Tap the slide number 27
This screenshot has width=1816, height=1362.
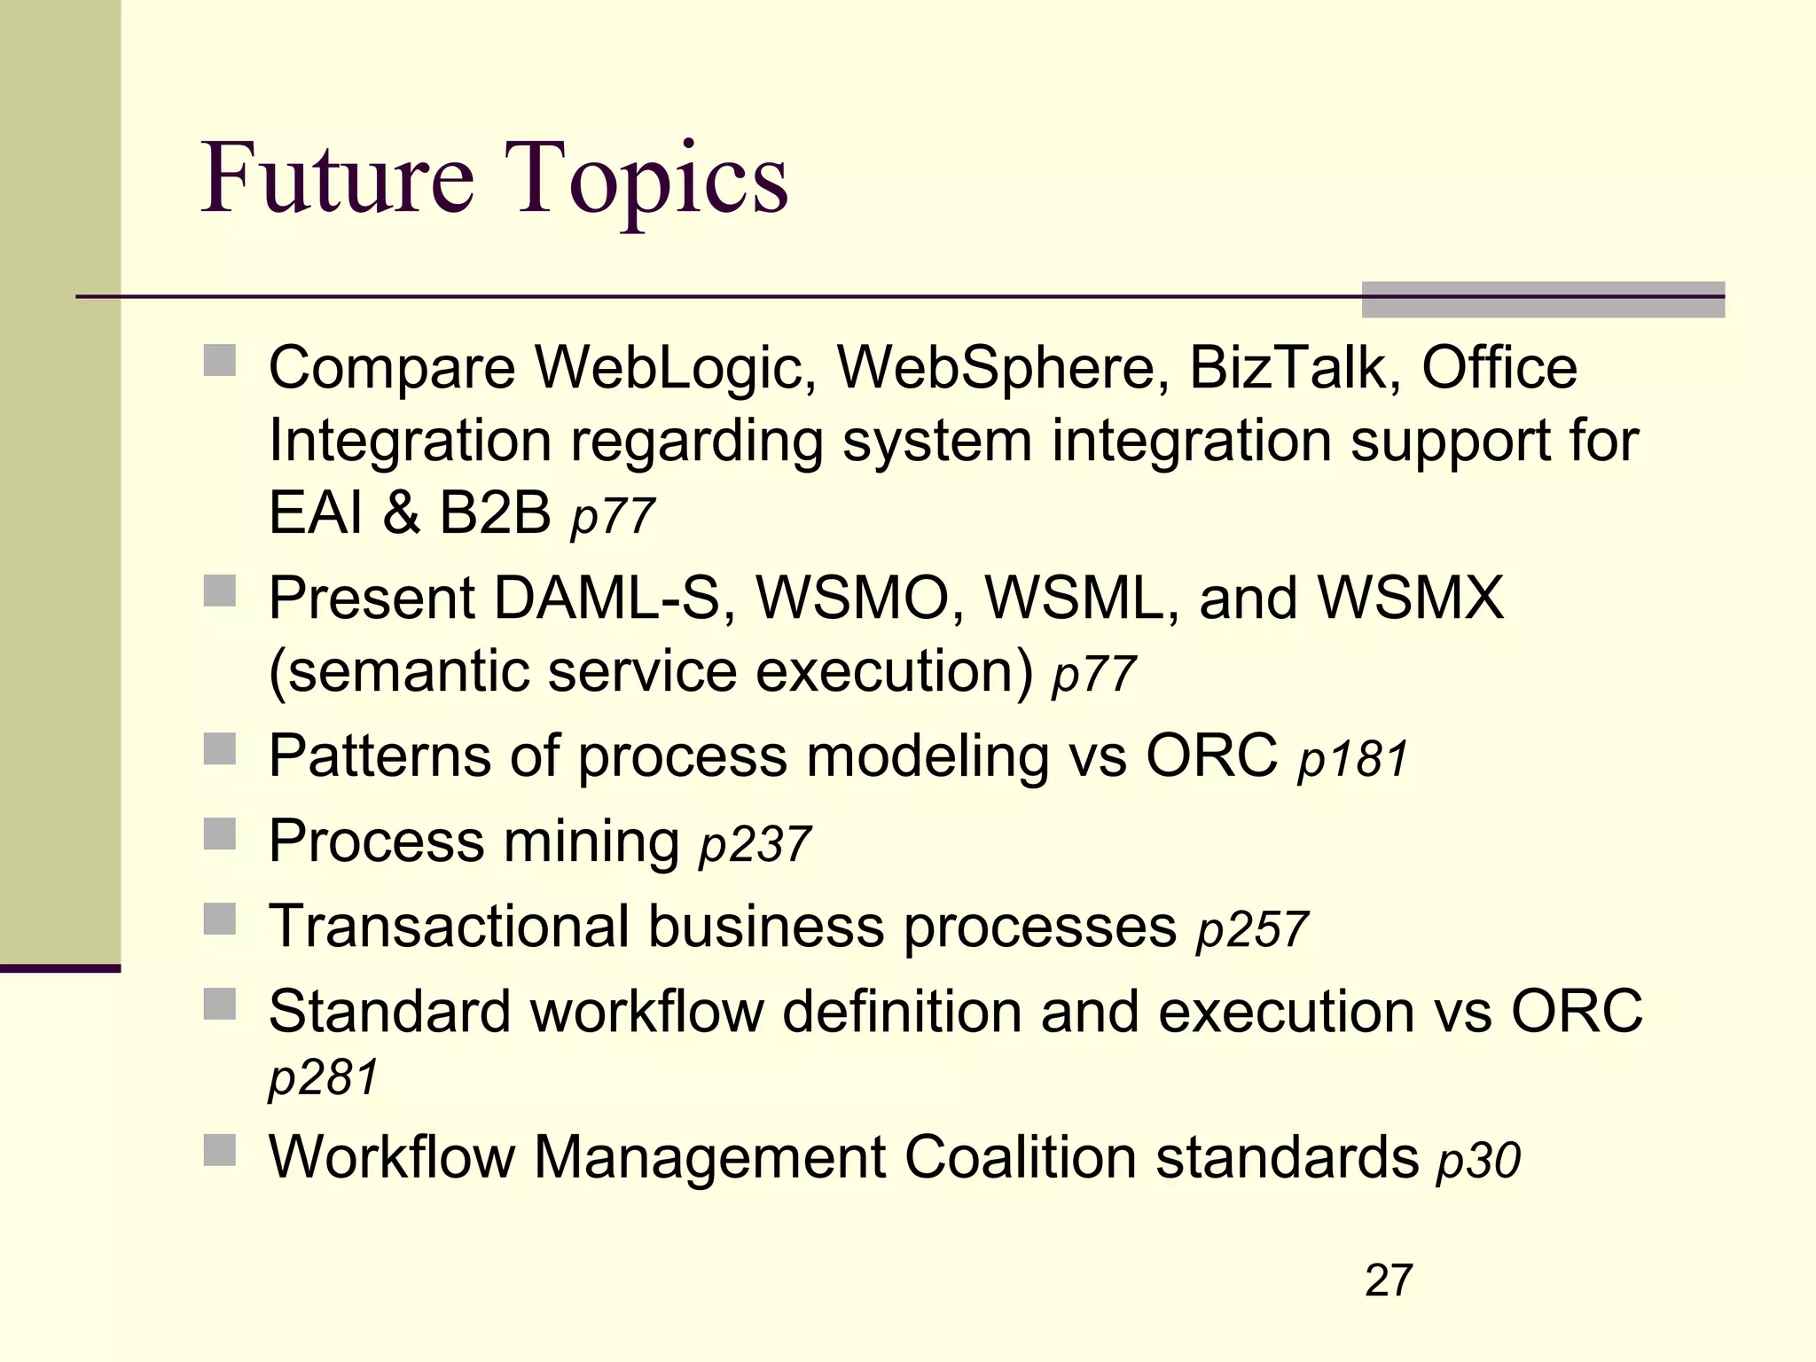tap(1389, 1280)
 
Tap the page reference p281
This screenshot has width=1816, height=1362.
tap(324, 1078)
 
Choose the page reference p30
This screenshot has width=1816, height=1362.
tap(1478, 1161)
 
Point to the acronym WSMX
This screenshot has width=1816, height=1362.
tap(1411, 598)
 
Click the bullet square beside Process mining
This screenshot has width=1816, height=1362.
tap(220, 834)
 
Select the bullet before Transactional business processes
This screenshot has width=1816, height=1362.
tap(220, 920)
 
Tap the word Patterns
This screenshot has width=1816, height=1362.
tap(380, 756)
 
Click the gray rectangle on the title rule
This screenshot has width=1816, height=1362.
tap(1543, 300)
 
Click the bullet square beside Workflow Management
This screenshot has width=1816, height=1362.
tap(220, 1150)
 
